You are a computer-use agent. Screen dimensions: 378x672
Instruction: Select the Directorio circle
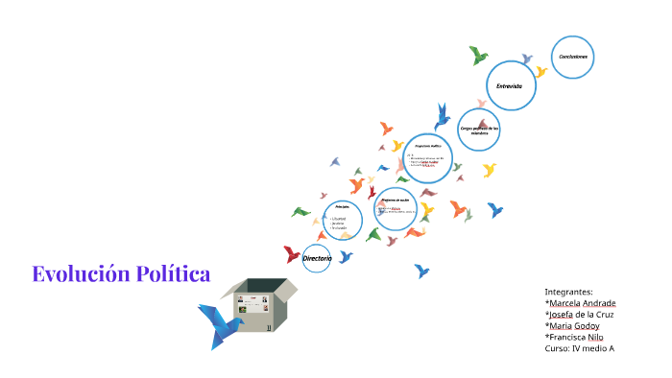click(x=317, y=259)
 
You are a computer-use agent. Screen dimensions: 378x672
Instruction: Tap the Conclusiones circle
click(x=573, y=58)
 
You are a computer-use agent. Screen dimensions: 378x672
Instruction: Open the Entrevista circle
click(x=510, y=86)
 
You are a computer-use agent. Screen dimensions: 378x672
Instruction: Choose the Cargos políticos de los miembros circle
click(x=478, y=130)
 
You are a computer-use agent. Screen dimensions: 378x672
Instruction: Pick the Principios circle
click(x=343, y=220)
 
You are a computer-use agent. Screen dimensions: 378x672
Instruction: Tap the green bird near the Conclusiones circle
click(x=478, y=56)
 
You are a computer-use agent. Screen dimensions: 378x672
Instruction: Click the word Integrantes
click(x=568, y=292)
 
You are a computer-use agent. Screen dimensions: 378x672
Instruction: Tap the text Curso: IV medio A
click(x=579, y=349)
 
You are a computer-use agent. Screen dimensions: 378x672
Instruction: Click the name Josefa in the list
click(x=563, y=315)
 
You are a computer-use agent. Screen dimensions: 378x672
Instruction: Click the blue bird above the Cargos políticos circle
click(x=442, y=118)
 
